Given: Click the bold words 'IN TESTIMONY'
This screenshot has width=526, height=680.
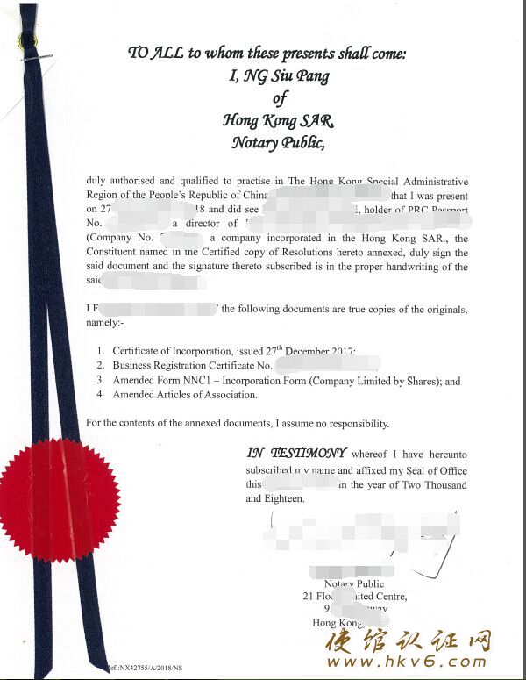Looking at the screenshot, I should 295,454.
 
